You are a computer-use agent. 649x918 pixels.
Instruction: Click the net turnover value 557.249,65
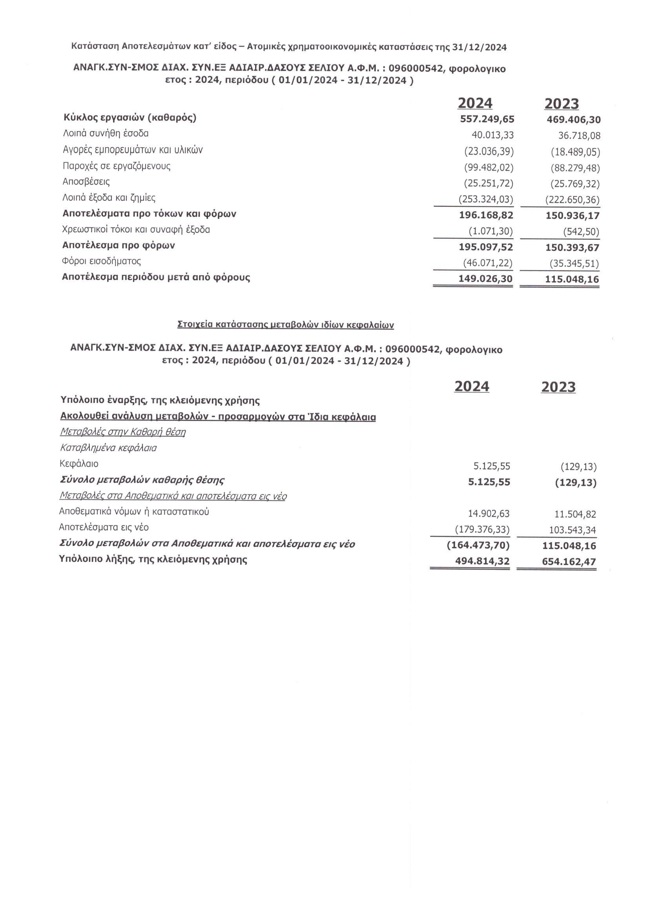pos(487,119)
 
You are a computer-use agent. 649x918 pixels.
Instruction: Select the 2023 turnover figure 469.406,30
pos(574,120)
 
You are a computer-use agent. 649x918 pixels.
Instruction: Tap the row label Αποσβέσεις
pos(86,182)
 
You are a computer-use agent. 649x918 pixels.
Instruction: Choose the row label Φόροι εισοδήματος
pos(102,261)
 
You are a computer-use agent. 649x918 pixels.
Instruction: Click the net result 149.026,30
pos(485,279)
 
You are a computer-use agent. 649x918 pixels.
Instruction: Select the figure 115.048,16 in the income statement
pos(572,279)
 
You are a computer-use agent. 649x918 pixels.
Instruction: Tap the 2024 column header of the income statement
pos(475,103)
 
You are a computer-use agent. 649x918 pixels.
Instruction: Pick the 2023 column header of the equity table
pos(558,387)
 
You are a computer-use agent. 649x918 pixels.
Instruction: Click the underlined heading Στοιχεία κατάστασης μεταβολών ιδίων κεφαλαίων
pos(285,325)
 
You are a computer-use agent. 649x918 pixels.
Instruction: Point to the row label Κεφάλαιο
pos(79,464)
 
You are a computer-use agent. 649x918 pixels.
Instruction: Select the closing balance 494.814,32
pos(482,561)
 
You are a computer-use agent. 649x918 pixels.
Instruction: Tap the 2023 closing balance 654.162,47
pos(569,561)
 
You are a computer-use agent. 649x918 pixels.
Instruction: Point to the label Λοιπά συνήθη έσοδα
pos(106,133)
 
